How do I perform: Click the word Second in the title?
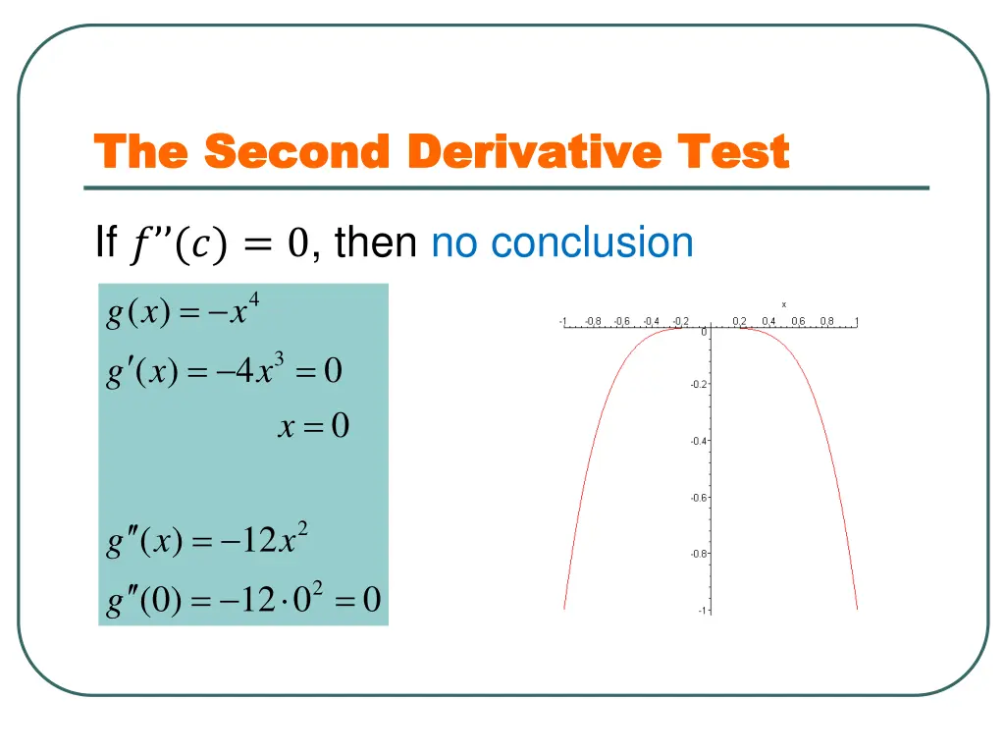(x=298, y=153)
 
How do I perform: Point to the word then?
(x=376, y=242)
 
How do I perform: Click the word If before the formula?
(x=105, y=242)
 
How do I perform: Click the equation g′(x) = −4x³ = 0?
(x=224, y=371)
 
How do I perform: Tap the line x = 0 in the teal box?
(x=314, y=427)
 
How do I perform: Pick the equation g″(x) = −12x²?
(x=208, y=541)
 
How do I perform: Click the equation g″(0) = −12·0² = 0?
(x=243, y=598)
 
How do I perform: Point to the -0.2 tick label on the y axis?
(x=698, y=385)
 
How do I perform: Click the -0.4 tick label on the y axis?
(x=698, y=441)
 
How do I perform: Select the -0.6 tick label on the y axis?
(x=698, y=498)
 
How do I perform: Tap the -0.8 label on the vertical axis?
(x=698, y=554)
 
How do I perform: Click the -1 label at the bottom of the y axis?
(x=702, y=611)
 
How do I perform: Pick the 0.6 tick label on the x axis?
(x=798, y=321)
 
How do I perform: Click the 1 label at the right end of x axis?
(x=857, y=321)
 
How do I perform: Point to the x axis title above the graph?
(x=783, y=304)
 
